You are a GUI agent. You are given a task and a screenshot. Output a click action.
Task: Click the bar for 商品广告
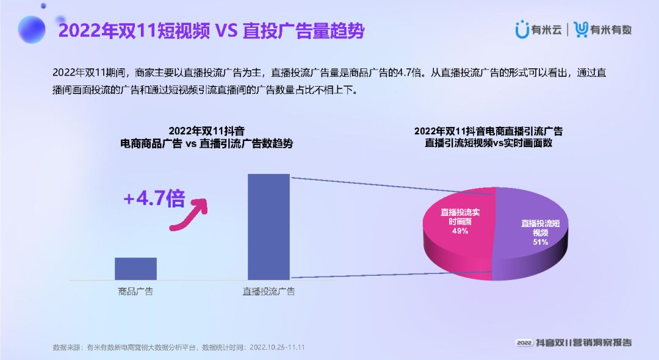tap(135, 268)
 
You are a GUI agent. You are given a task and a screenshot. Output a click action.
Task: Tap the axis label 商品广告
tap(135, 292)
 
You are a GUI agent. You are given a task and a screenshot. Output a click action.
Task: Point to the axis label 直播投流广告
tap(268, 292)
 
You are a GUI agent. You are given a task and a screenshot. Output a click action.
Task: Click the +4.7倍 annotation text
tap(154, 199)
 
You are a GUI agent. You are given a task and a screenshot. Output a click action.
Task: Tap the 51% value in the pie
tap(541, 242)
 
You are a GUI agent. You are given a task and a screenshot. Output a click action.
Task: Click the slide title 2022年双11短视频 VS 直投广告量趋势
tap(211, 31)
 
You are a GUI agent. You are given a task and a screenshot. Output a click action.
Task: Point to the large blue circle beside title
tap(32, 29)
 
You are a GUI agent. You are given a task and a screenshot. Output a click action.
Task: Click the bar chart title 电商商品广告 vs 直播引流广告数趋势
tap(206, 144)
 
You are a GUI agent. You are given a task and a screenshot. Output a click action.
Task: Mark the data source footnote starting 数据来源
tap(179, 347)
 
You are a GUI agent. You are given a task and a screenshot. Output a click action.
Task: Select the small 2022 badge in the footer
tap(525, 342)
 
